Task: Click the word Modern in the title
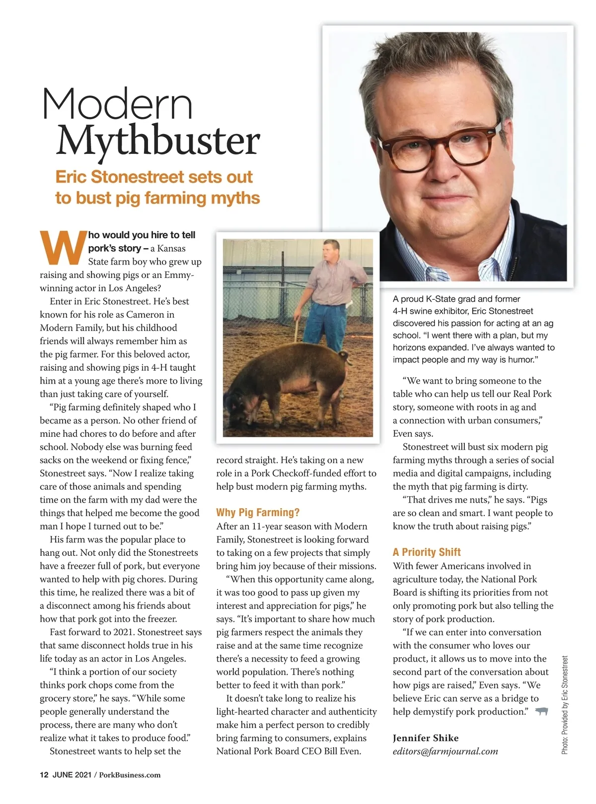click(x=117, y=104)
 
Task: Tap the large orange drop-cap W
click(x=63, y=247)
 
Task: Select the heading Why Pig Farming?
click(x=258, y=513)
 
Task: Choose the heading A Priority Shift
click(x=427, y=552)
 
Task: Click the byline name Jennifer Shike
click(x=426, y=738)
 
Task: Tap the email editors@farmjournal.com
click(x=445, y=751)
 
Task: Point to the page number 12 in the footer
click(x=44, y=775)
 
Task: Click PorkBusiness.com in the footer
click(x=130, y=775)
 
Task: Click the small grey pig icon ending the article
click(x=541, y=712)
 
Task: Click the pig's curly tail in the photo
click(x=344, y=356)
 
